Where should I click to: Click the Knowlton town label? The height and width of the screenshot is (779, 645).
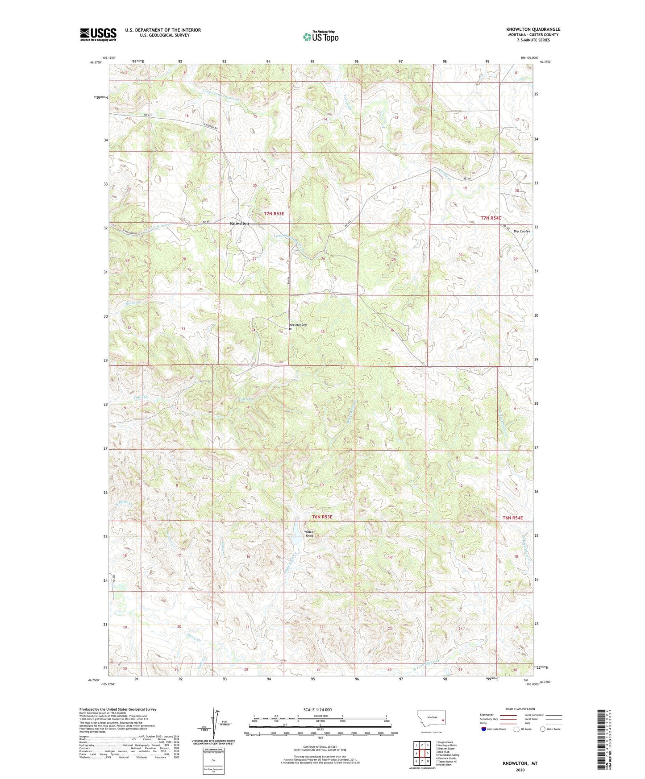point(239,223)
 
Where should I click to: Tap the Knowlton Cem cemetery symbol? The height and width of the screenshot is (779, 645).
point(290,330)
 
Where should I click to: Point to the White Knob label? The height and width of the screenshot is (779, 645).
point(309,534)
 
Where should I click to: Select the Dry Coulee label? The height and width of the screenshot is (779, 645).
point(521,231)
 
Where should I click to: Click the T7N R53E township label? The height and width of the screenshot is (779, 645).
point(274,214)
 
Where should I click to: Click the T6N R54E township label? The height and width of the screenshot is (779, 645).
point(512,518)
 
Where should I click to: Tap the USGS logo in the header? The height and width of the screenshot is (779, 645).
point(98,34)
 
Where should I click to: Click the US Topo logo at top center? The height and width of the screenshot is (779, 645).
point(320,37)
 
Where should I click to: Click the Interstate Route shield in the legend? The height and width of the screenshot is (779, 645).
point(484,729)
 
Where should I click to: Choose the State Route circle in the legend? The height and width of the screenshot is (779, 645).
point(543,729)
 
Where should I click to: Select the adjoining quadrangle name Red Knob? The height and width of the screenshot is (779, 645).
point(443,752)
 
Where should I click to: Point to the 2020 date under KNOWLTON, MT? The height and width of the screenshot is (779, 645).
point(520,770)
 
